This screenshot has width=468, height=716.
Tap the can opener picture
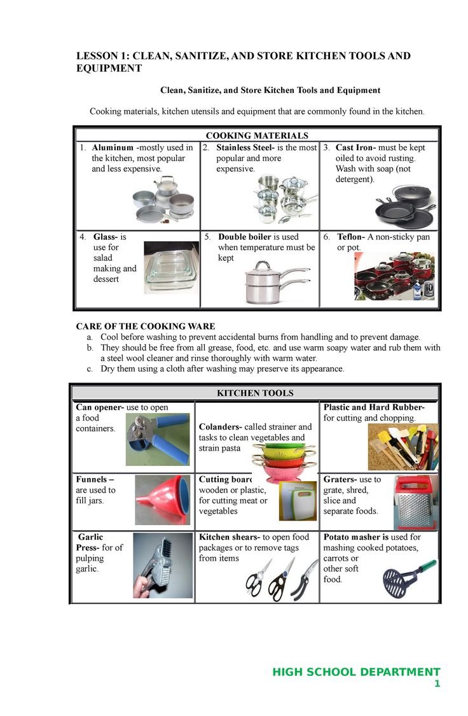pyautogui.click(x=157, y=439)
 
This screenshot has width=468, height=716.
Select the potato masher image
pyautogui.click(x=406, y=575)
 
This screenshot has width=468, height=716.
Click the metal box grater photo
pyautogui.click(x=415, y=503)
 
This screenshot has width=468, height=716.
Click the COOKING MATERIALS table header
pyautogui.click(x=257, y=136)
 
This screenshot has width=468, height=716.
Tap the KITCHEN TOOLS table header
pyautogui.click(x=255, y=393)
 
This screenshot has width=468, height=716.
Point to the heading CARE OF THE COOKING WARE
pyautogui.click(x=146, y=326)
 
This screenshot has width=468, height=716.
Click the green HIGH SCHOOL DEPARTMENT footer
pyautogui.click(x=356, y=672)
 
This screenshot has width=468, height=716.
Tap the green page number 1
pyautogui.click(x=437, y=684)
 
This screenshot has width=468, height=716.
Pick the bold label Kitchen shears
pyautogui.click(x=228, y=537)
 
